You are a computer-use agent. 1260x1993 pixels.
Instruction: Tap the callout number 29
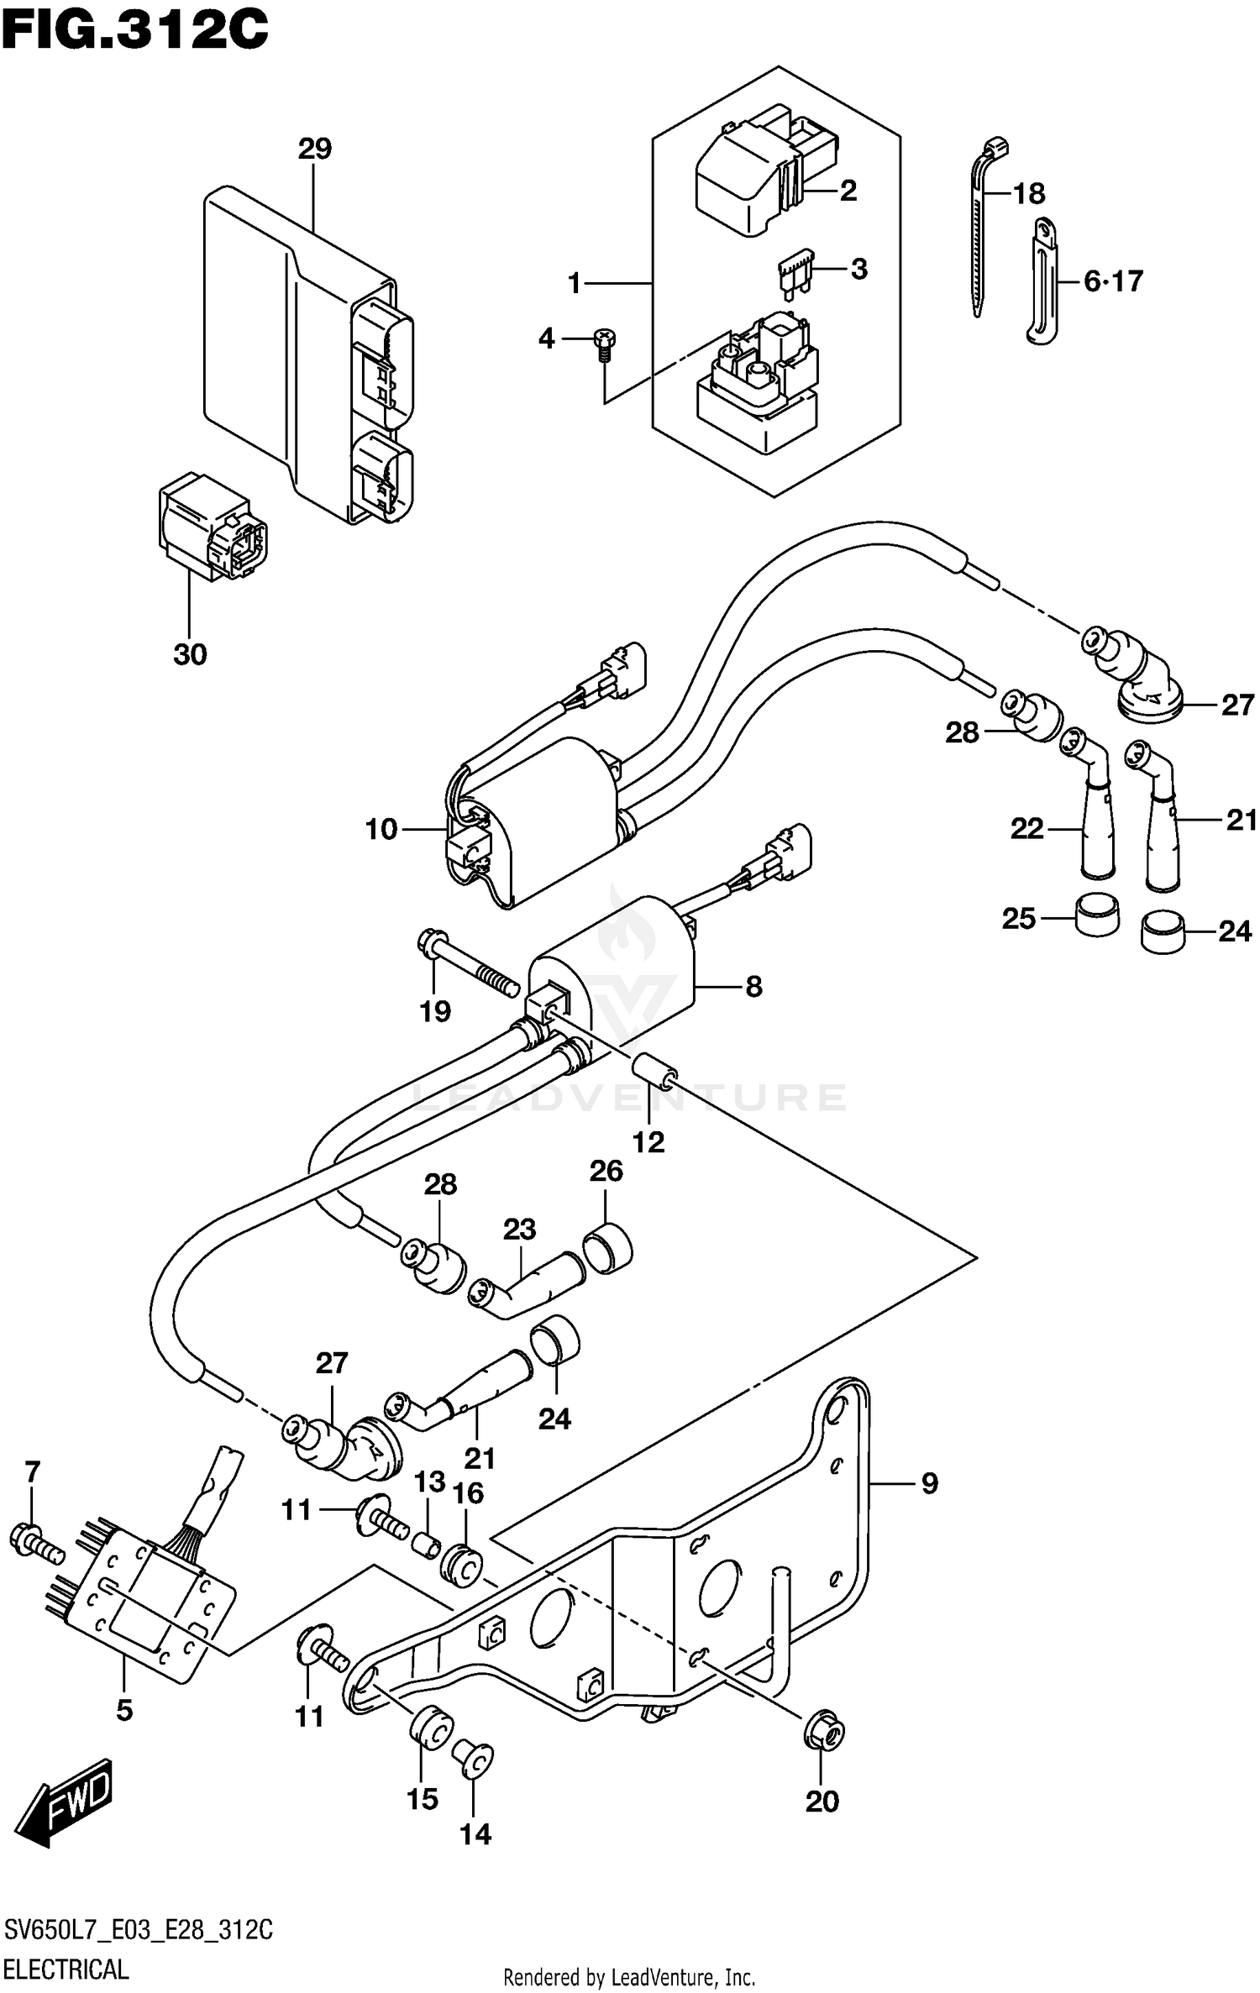pyautogui.click(x=314, y=149)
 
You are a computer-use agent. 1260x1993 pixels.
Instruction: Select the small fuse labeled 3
pyautogui.click(x=793, y=273)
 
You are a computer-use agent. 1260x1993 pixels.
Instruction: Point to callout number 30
pyautogui.click(x=190, y=654)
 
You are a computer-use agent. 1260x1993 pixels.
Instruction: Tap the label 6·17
pyautogui.click(x=1113, y=281)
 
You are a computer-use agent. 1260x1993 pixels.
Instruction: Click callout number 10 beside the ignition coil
pyautogui.click(x=381, y=830)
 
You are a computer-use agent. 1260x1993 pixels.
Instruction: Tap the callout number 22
pyautogui.click(x=1026, y=830)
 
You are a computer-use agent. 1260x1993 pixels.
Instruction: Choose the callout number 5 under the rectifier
pyautogui.click(x=124, y=1709)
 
